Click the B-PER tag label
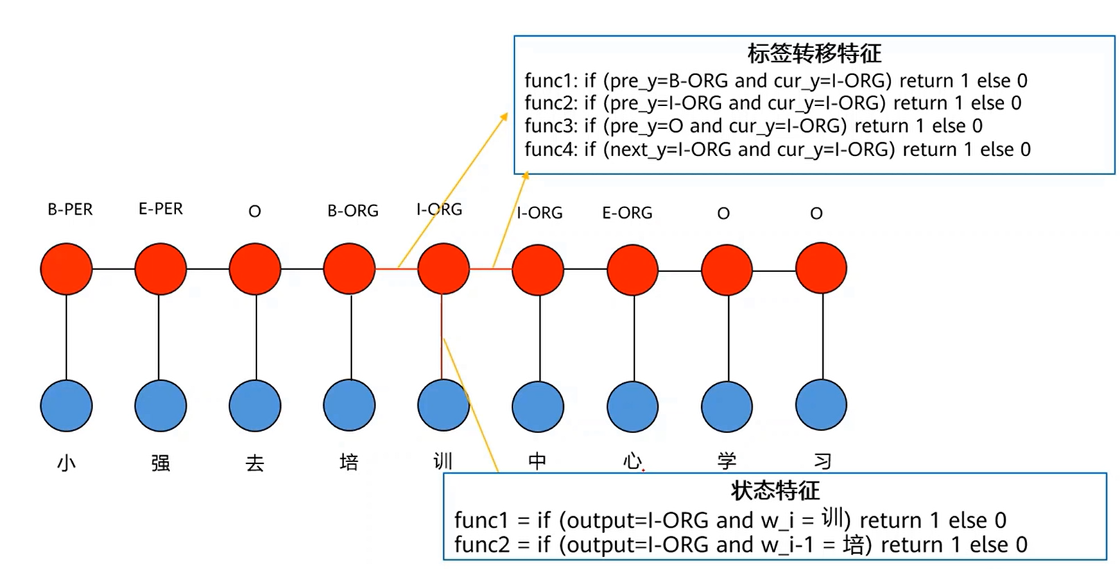pyautogui.click(x=70, y=210)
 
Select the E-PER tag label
pyautogui.click(x=161, y=209)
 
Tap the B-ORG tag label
pyautogui.click(x=353, y=211)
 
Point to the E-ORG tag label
pyautogui.click(x=627, y=213)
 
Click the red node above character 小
pyautogui.click(x=67, y=269)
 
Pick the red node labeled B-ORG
pyautogui.click(x=350, y=269)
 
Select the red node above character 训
pyautogui.click(x=444, y=269)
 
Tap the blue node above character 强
pyautogui.click(x=161, y=405)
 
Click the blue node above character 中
pyautogui.click(x=538, y=405)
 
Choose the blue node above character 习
pyautogui.click(x=821, y=405)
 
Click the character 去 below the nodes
pyautogui.click(x=255, y=462)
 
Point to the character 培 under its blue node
pyautogui.click(x=349, y=462)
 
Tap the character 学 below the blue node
pyautogui.click(x=727, y=461)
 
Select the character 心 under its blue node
pyautogui.click(x=632, y=461)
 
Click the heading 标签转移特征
pyautogui.click(x=814, y=53)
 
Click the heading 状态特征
pyautogui.click(x=775, y=491)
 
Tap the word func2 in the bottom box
pyautogui.click(x=481, y=545)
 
